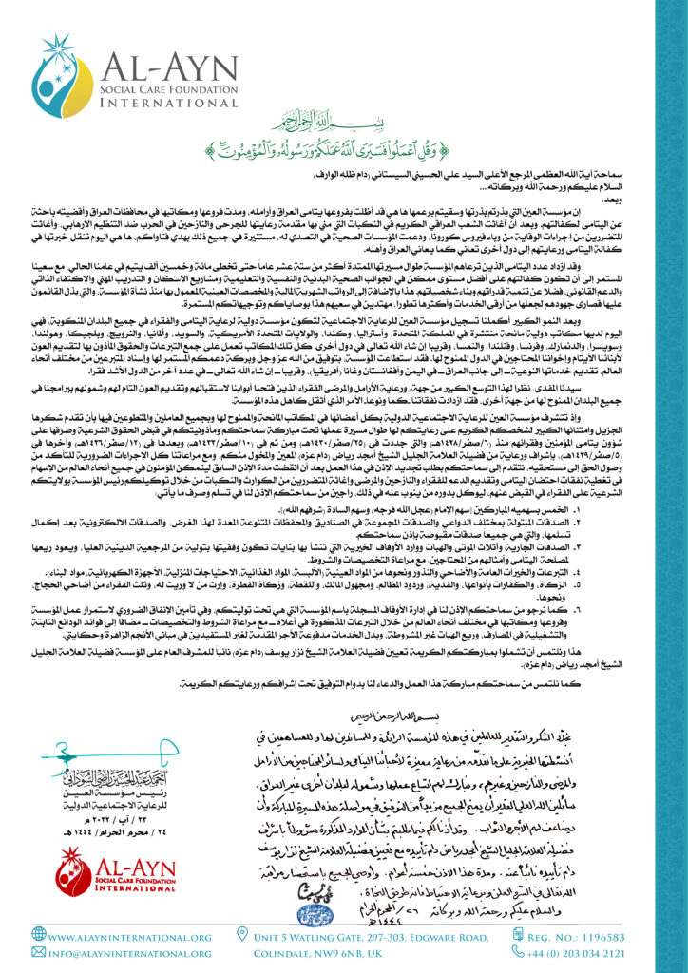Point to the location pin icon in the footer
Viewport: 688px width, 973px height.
coord(243,935)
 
